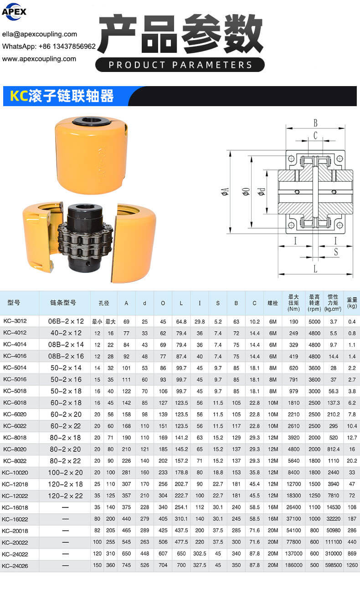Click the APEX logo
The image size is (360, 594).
pyautogui.click(x=14, y=11)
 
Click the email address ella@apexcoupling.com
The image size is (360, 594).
pyautogui.click(x=40, y=34)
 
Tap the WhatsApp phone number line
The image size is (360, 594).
pyautogui.click(x=49, y=46)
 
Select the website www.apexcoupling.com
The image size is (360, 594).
pyautogui.click(x=39, y=59)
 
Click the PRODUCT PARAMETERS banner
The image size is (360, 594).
pyautogui.click(x=180, y=65)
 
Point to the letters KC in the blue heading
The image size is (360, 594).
pyautogui.click(x=19, y=96)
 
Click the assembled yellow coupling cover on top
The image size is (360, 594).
pyautogui.click(x=91, y=155)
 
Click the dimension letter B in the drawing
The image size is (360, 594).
pyautogui.click(x=315, y=123)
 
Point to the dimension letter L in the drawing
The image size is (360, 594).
pyautogui.click(x=315, y=269)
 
